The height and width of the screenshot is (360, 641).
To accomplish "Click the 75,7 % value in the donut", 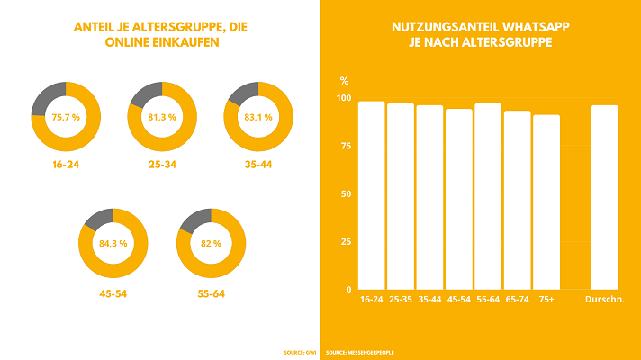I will [x=66, y=116].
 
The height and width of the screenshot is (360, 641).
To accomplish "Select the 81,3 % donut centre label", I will [x=162, y=116].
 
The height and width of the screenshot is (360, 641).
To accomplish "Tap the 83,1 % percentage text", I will [x=258, y=116].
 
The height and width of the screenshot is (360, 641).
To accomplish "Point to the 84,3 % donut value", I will [x=114, y=243].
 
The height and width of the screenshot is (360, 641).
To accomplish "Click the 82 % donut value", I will [x=211, y=243].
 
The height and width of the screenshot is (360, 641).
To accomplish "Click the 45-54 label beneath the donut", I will [x=114, y=292].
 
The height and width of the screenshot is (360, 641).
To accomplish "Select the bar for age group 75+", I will [x=546, y=202].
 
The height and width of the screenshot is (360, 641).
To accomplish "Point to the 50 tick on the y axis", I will [x=344, y=193].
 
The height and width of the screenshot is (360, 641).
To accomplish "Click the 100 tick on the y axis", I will [x=342, y=97].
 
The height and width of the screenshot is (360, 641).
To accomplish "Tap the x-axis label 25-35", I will [x=400, y=299].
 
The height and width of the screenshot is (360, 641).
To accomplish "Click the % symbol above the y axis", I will [x=344, y=80].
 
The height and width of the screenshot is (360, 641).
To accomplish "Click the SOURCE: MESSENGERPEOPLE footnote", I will [x=360, y=352].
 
